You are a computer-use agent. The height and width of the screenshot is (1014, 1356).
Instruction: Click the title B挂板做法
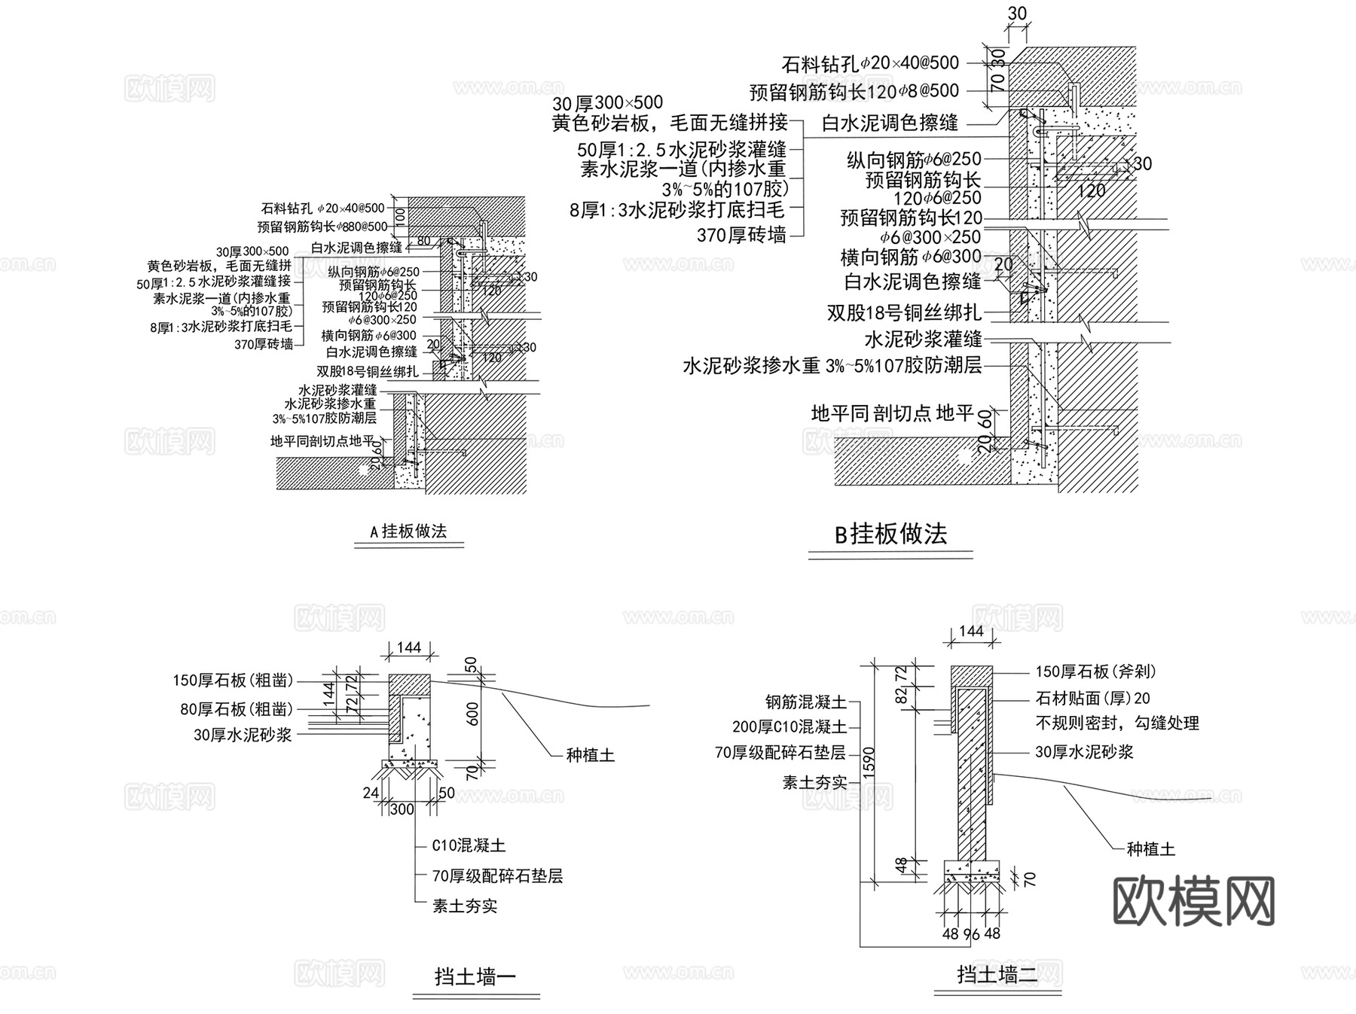[x=890, y=534]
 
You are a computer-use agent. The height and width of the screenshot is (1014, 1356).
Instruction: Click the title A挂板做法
[x=408, y=531]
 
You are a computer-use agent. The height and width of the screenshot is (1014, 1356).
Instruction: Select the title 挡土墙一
[x=475, y=977]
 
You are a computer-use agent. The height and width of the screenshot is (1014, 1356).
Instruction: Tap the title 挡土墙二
[x=997, y=975]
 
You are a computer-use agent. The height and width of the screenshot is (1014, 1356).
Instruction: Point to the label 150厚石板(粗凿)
[x=233, y=681]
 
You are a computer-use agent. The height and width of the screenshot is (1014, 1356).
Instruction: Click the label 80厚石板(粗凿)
[x=237, y=709]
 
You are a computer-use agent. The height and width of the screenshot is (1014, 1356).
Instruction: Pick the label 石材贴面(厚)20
[x=1092, y=699]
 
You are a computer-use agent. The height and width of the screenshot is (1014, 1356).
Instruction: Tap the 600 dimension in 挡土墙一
[x=472, y=713]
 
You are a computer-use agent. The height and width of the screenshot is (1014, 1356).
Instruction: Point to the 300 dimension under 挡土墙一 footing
[x=402, y=809]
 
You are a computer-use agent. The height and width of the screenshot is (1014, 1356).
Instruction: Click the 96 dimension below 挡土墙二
[x=972, y=934]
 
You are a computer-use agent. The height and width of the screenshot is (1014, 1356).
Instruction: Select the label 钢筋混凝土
[x=805, y=702]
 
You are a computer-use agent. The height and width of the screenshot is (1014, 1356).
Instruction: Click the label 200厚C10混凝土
[x=789, y=726]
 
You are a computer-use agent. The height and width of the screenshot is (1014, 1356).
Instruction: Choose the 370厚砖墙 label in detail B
[x=741, y=236]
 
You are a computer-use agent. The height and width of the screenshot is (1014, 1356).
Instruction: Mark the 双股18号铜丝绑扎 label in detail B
[x=904, y=312]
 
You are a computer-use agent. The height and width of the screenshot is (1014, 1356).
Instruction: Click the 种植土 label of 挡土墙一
[x=590, y=754]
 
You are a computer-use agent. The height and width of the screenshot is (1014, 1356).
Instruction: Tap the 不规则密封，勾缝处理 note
[x=1116, y=723]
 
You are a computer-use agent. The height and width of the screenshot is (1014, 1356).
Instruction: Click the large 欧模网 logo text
[x=1193, y=901]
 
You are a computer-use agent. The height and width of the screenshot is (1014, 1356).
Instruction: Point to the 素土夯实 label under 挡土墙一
[x=465, y=906]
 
